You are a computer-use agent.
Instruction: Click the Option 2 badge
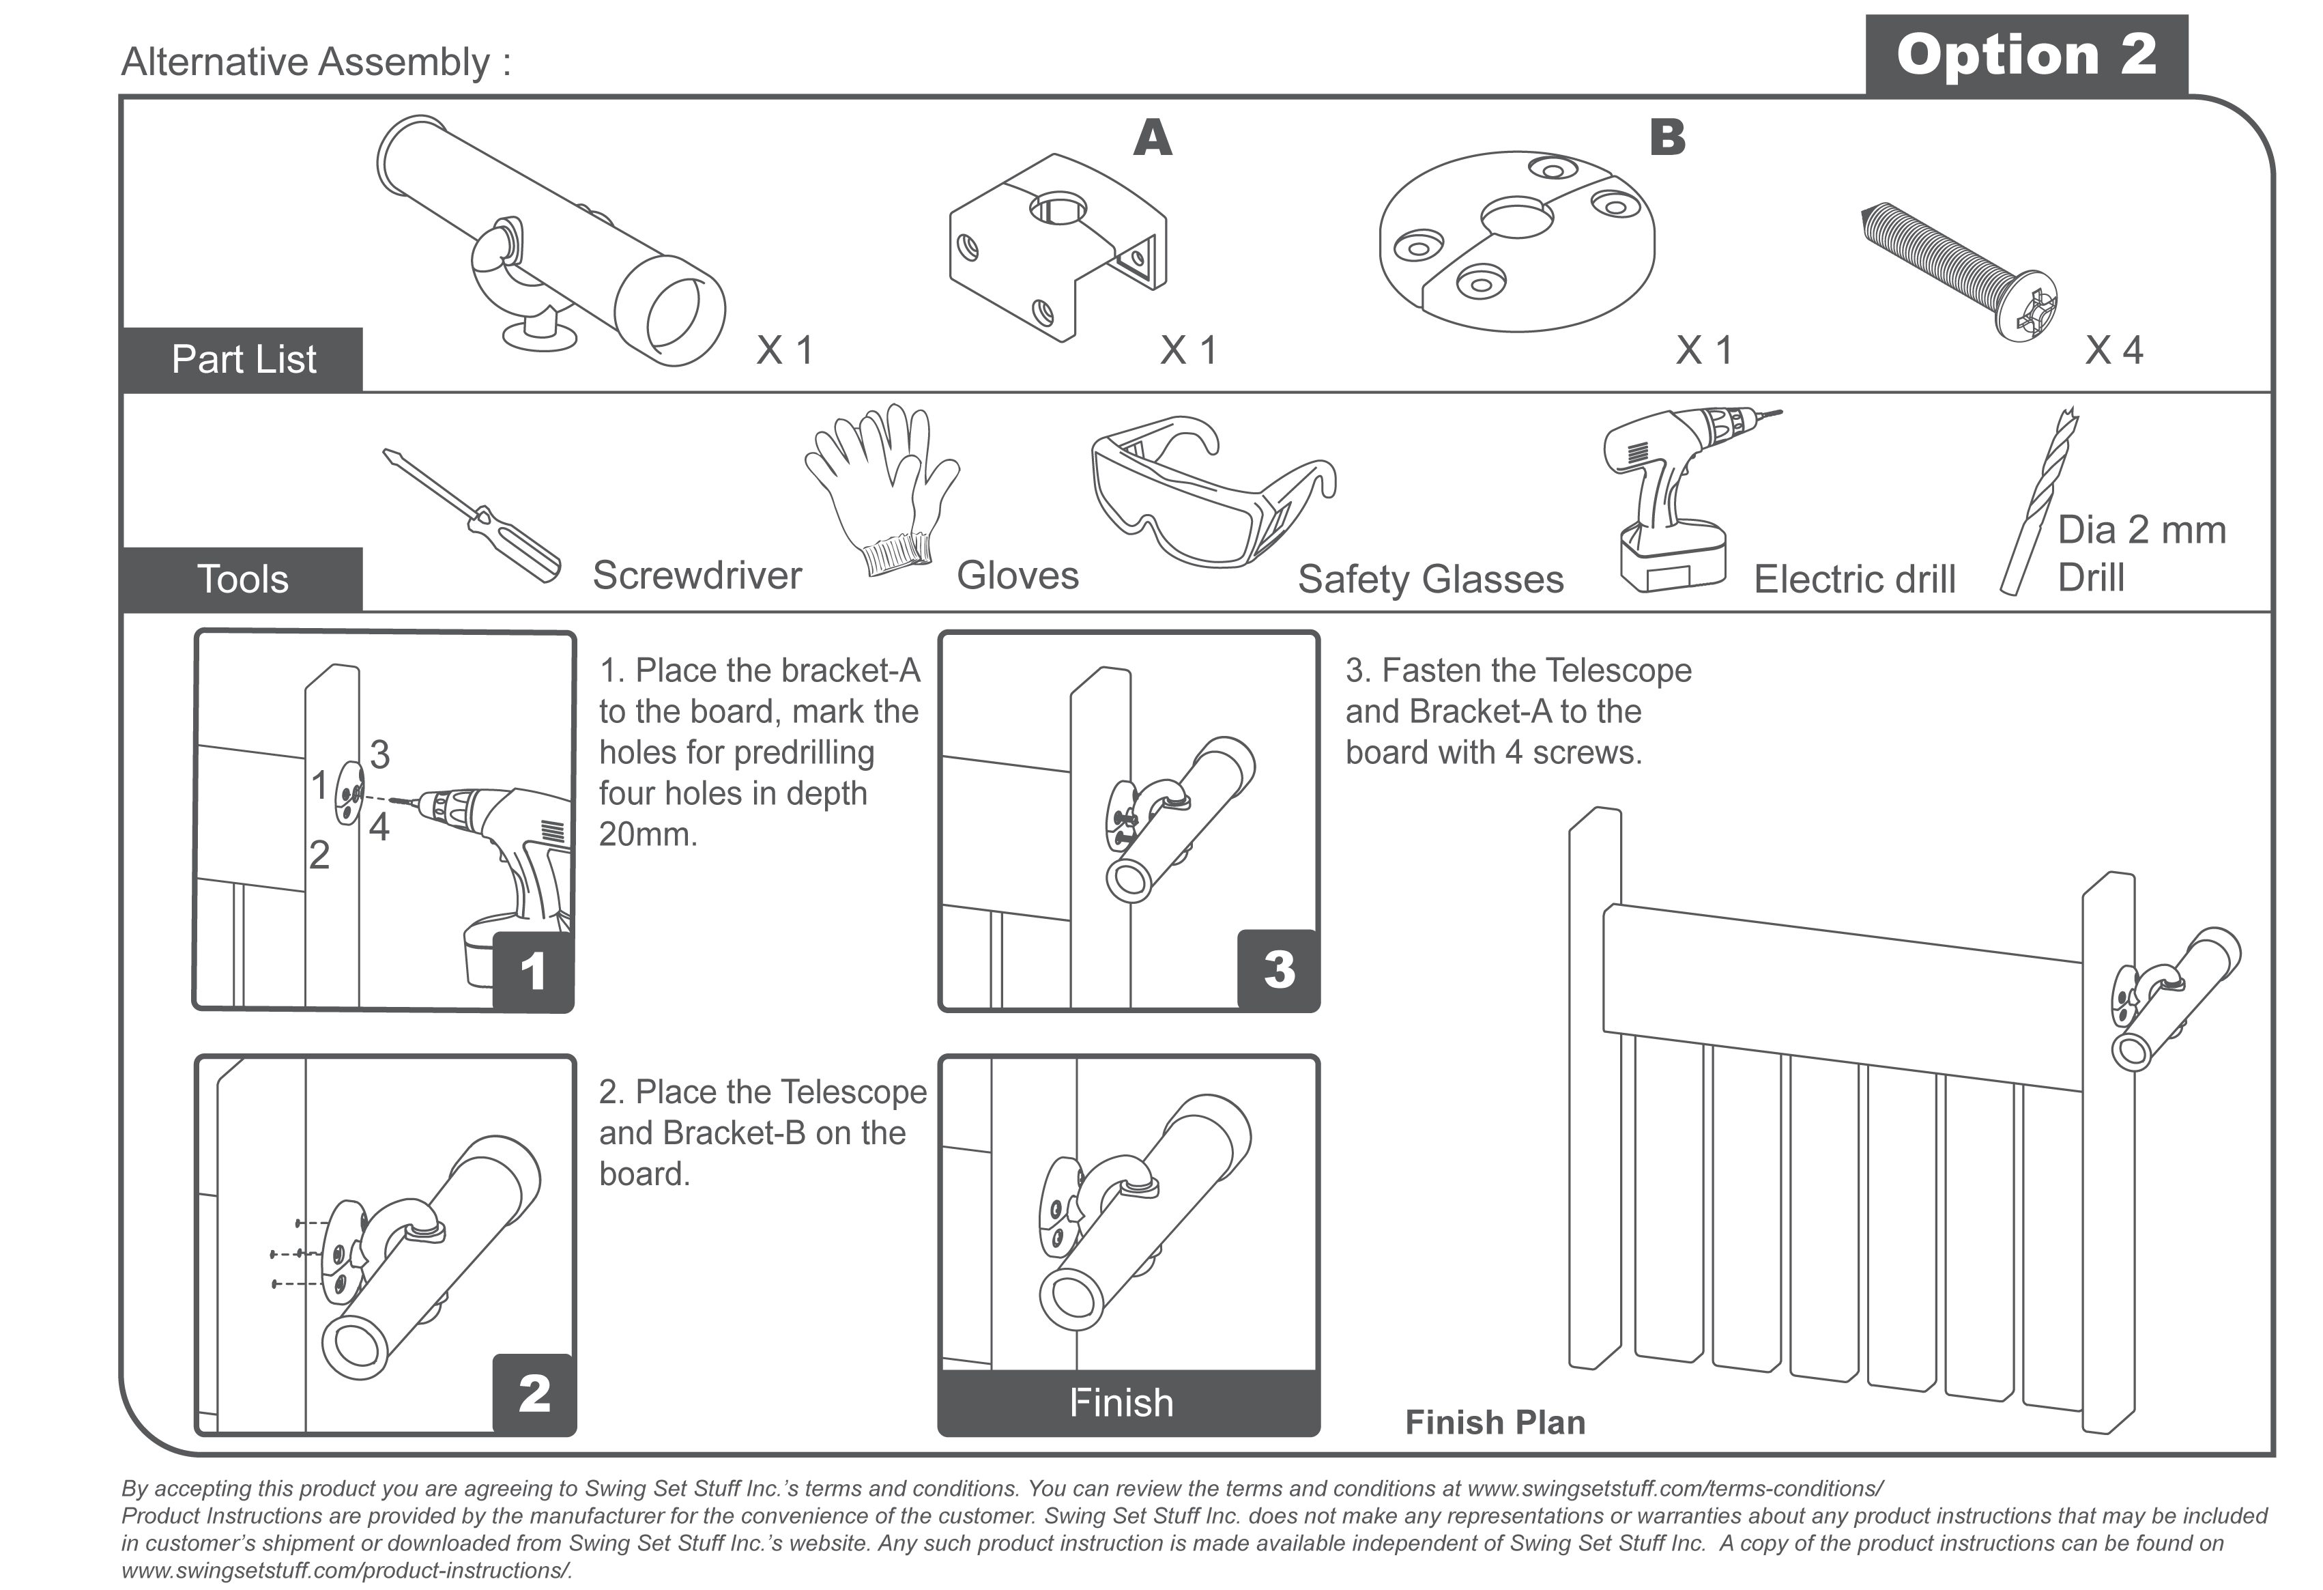coord(2025,55)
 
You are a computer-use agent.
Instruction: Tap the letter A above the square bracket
coord(1153,138)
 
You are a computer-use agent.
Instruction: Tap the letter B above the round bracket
coord(1667,137)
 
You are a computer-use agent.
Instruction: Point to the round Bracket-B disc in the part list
coord(1516,240)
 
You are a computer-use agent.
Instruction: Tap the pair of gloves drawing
coord(880,490)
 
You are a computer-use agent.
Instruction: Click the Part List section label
coord(243,359)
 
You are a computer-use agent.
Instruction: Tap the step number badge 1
coord(533,971)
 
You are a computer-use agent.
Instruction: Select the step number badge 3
coord(1278,969)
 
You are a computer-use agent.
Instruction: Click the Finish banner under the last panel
coord(1121,1403)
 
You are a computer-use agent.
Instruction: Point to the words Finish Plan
coord(1495,1422)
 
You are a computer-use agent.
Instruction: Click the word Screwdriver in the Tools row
coord(697,575)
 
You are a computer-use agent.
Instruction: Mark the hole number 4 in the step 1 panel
coord(379,827)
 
